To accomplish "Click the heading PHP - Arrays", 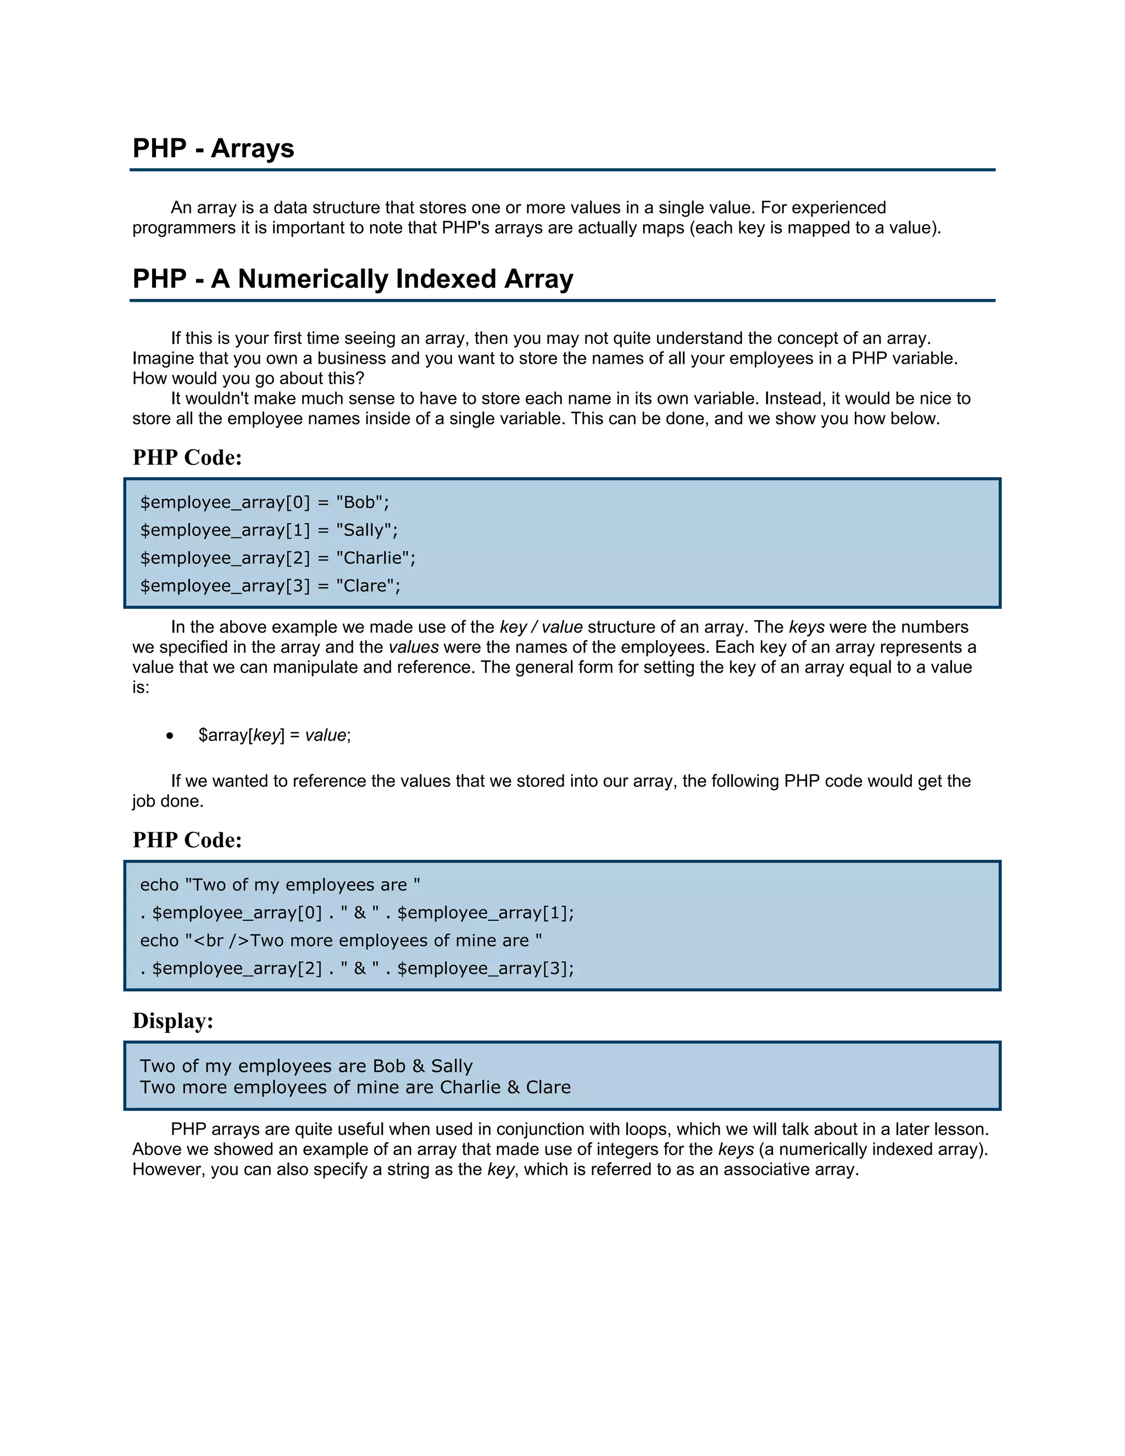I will coord(213,148).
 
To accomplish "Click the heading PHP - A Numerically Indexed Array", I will coord(353,279).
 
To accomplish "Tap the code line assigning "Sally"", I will coord(269,530).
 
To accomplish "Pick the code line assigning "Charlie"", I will coord(277,558).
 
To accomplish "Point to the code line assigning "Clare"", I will coord(270,586).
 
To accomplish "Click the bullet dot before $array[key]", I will coord(171,735).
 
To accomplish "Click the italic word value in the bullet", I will coord(325,735).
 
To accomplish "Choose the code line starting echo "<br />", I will coord(341,941).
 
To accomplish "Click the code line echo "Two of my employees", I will coord(280,885).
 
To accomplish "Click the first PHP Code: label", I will coord(187,457).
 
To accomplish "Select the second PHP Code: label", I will coord(187,840).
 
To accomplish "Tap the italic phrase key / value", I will coord(541,627).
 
